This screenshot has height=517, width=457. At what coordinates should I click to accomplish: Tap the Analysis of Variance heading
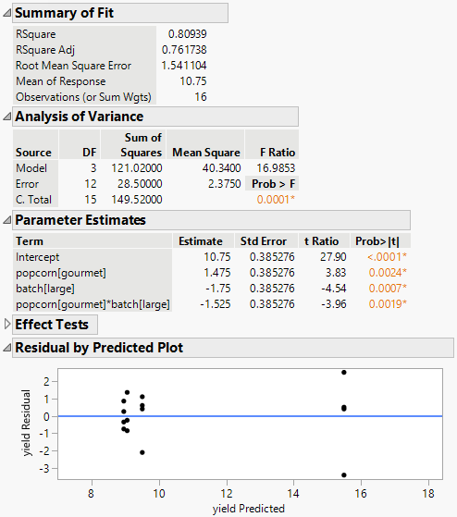[79, 117]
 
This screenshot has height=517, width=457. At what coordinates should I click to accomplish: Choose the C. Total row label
[33, 200]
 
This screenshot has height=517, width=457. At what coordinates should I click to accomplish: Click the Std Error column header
[262, 240]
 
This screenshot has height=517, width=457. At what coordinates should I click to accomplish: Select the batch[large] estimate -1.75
[209, 288]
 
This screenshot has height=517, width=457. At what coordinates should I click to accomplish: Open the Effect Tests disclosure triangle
[8, 325]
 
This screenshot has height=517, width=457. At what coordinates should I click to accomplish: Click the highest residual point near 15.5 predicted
[344, 373]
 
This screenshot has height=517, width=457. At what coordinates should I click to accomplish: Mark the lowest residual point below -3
[344, 474]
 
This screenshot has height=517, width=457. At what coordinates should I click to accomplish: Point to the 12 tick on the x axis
[227, 491]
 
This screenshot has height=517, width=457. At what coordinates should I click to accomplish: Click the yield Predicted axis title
[247, 508]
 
